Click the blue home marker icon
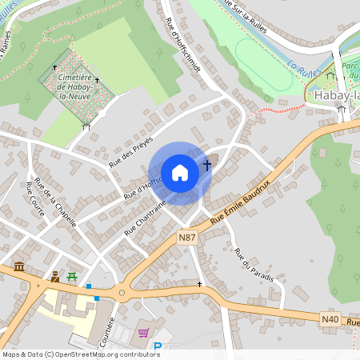[180, 173]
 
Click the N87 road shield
[187, 237]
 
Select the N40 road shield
[330, 319]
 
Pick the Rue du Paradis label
[254, 265]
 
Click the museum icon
[18, 266]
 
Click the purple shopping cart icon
[143, 332]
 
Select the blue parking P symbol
[158, 347]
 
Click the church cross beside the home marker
[207, 165]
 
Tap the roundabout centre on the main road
[122, 292]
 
